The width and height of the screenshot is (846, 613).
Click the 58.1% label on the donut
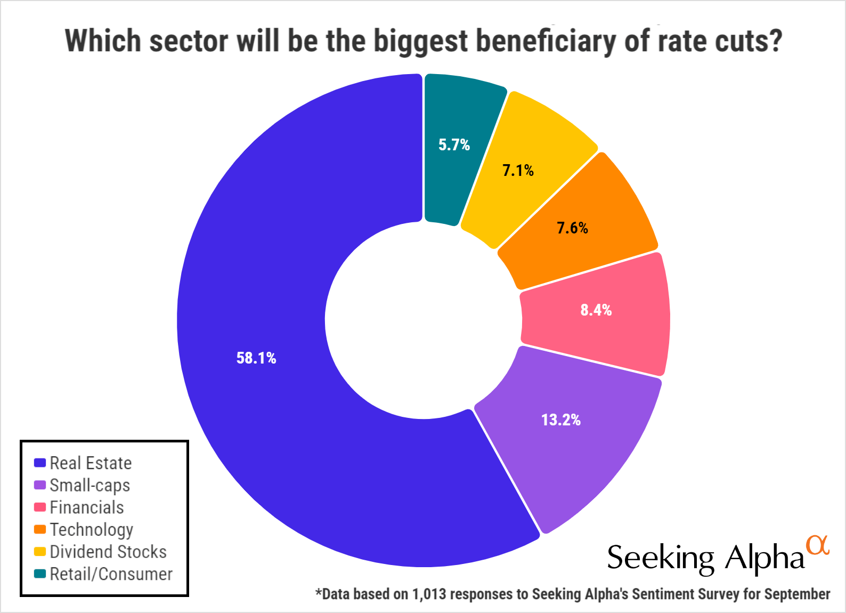(256, 358)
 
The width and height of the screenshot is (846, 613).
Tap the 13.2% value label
(561, 420)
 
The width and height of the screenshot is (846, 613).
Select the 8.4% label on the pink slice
(596, 310)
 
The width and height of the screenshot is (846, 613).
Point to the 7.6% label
(573, 228)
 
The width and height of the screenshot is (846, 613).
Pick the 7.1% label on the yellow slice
(518, 171)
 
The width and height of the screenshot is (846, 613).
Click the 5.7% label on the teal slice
(454, 145)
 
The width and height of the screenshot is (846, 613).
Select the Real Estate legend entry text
(91, 463)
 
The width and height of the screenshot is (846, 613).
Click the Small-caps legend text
(90, 486)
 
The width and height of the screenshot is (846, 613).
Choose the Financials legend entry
(87, 507)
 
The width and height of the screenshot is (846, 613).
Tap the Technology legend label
(92, 530)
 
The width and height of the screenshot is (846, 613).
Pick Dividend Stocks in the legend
(108, 552)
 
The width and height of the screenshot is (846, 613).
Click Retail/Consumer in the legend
(111, 574)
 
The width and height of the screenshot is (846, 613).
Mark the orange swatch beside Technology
(40, 529)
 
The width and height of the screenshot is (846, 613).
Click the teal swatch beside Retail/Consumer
(40, 574)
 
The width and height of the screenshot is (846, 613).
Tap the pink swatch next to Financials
(40, 507)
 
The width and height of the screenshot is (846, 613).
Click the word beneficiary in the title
(545, 41)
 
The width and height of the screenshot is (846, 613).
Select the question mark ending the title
(775, 41)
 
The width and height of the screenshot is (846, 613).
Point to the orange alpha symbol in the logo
(818, 545)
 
